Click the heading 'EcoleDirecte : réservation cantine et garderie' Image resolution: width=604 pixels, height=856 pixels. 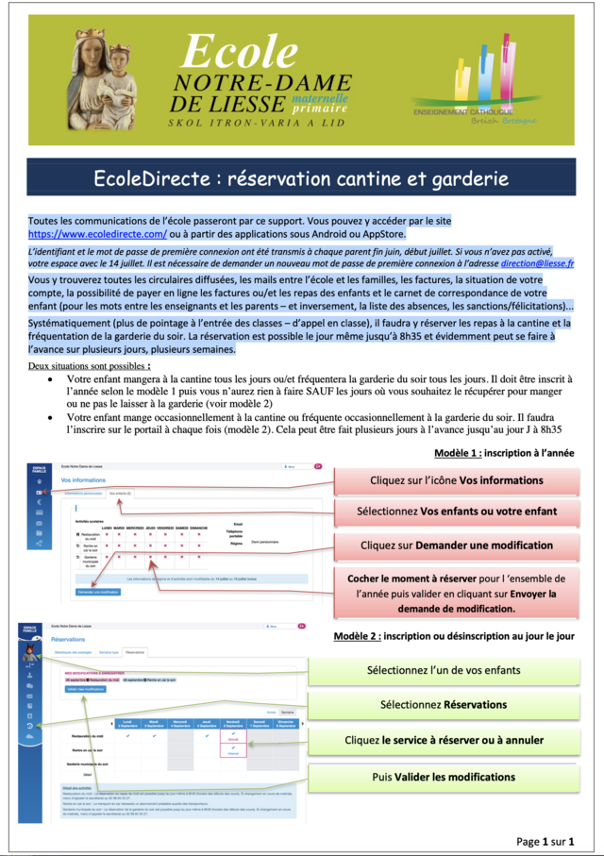[301, 178]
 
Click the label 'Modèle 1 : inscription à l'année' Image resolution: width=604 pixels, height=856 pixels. [503, 453]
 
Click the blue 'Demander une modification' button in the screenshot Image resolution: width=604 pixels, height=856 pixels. [99, 592]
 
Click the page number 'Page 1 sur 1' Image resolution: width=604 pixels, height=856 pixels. [545, 841]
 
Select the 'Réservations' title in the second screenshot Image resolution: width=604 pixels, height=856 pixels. [68, 639]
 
